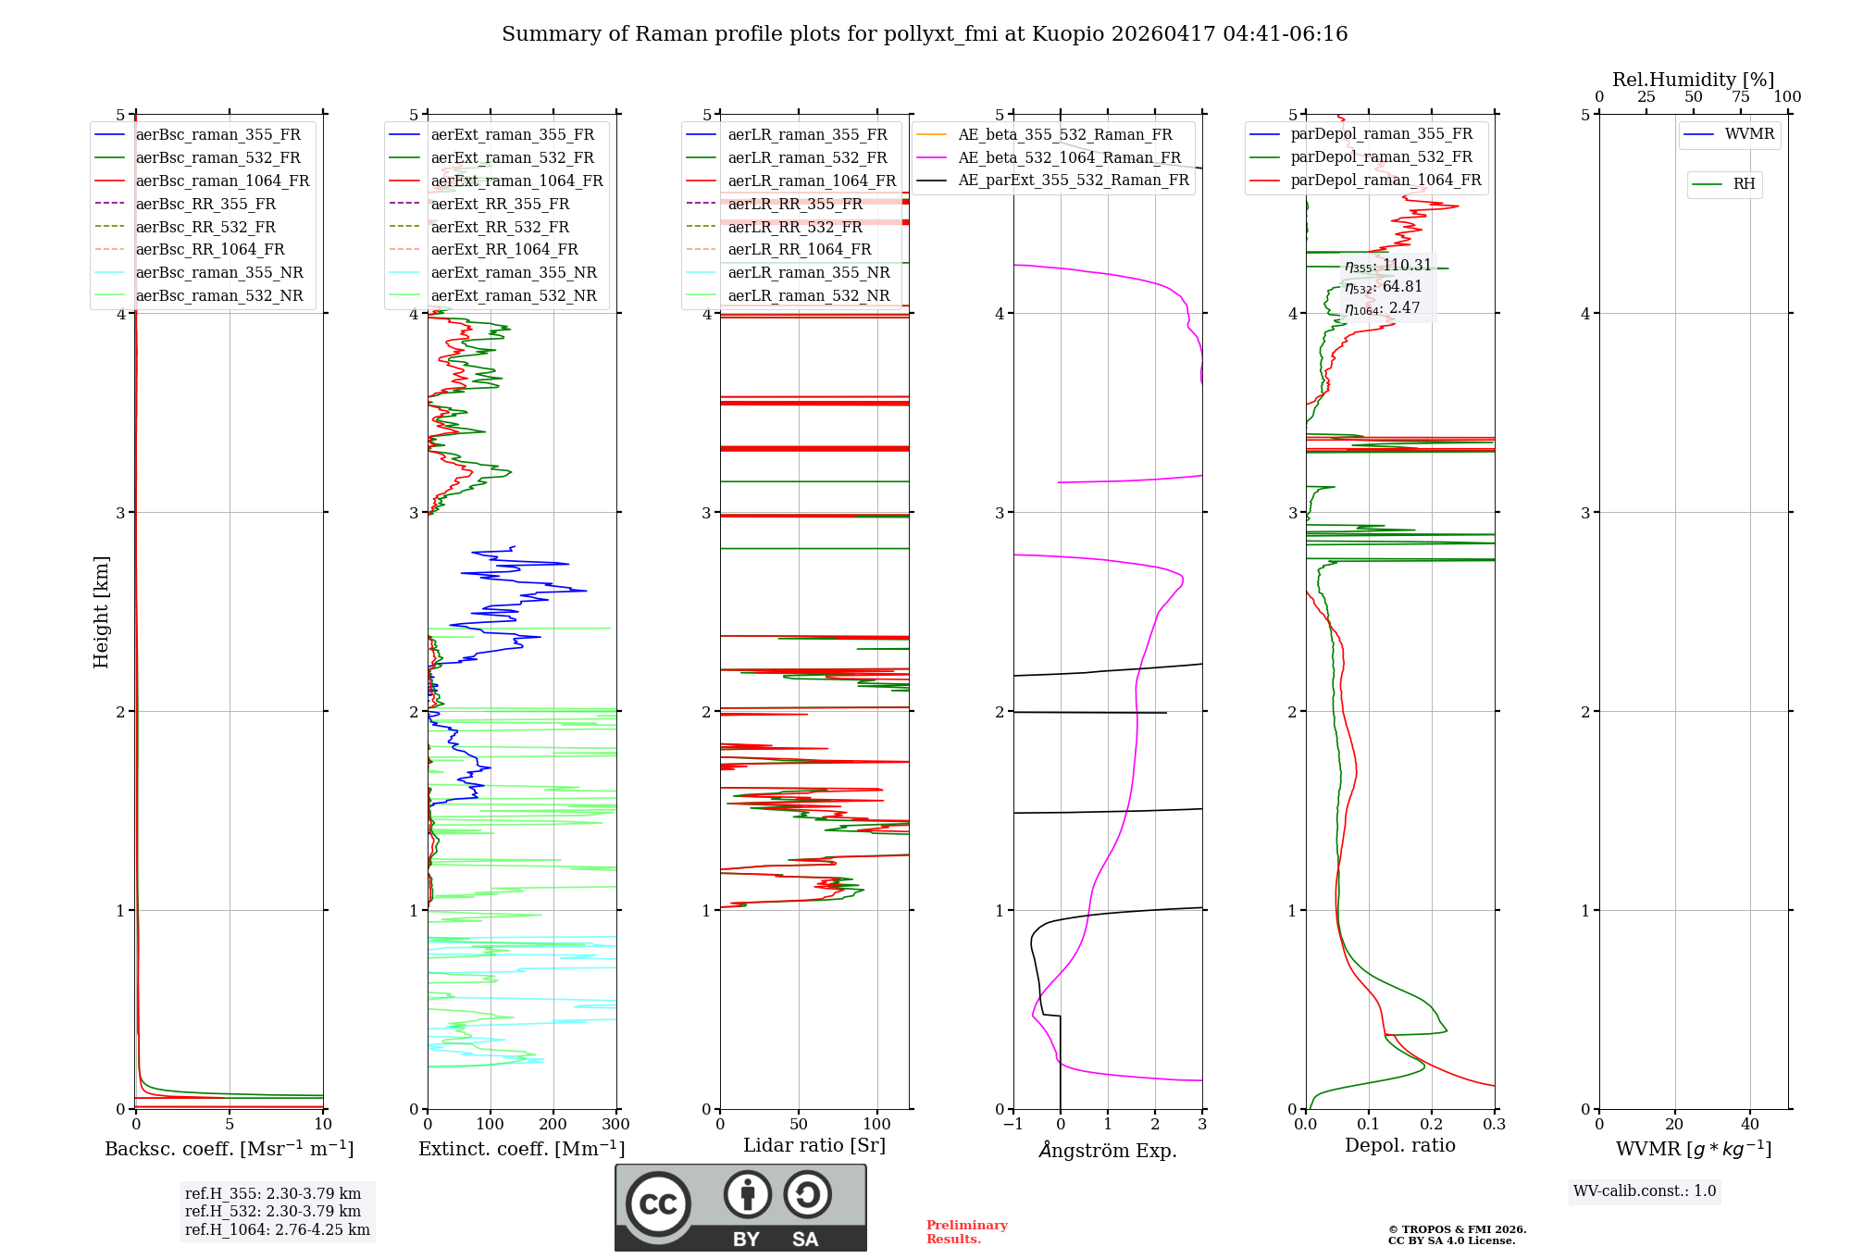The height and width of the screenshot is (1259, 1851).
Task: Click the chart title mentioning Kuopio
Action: pyautogui.click(x=924, y=34)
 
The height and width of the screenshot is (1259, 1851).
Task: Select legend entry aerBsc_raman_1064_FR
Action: pyautogui.click(x=222, y=181)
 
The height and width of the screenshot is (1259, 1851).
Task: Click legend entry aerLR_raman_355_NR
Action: pyautogui.click(x=808, y=272)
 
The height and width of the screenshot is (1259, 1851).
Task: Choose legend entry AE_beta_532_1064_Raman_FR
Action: pyautogui.click(x=1069, y=157)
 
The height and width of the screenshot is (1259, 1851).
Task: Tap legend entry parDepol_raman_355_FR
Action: pyautogui.click(x=1381, y=134)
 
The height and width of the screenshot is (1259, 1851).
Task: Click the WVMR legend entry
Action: pyautogui.click(x=1749, y=134)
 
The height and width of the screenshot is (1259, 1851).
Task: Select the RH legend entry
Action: pyautogui.click(x=1744, y=184)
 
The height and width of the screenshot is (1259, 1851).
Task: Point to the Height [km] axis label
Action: pyautogui.click(x=101, y=611)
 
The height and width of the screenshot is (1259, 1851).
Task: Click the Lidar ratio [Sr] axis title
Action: pyautogui.click(x=814, y=1145)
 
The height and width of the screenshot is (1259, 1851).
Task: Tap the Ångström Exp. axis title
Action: pyautogui.click(x=1107, y=1150)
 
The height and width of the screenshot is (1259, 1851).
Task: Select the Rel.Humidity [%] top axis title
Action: pyautogui.click(x=1693, y=80)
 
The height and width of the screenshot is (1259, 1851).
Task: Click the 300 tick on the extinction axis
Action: pyautogui.click(x=615, y=1125)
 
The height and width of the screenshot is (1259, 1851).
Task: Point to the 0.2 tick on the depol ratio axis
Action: pyautogui.click(x=1431, y=1125)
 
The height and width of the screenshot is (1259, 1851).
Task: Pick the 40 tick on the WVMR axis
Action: pyautogui.click(x=1749, y=1125)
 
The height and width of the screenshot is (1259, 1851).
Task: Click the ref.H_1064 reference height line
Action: pyautogui.click(x=277, y=1229)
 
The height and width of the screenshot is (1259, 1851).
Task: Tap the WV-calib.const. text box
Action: pyautogui.click(x=1644, y=1191)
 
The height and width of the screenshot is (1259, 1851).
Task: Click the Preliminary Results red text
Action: pyautogui.click(x=966, y=1232)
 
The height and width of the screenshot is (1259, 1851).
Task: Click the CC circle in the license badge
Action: pyautogui.click(x=658, y=1203)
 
